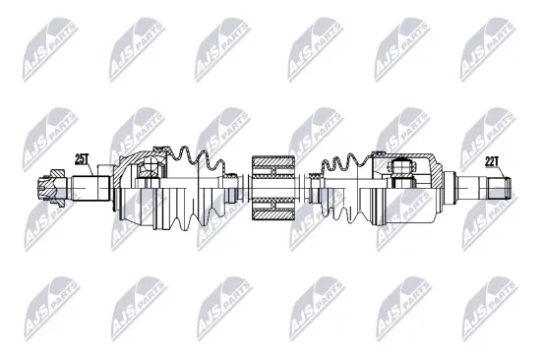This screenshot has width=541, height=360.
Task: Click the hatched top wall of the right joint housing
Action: [x=413, y=157]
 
